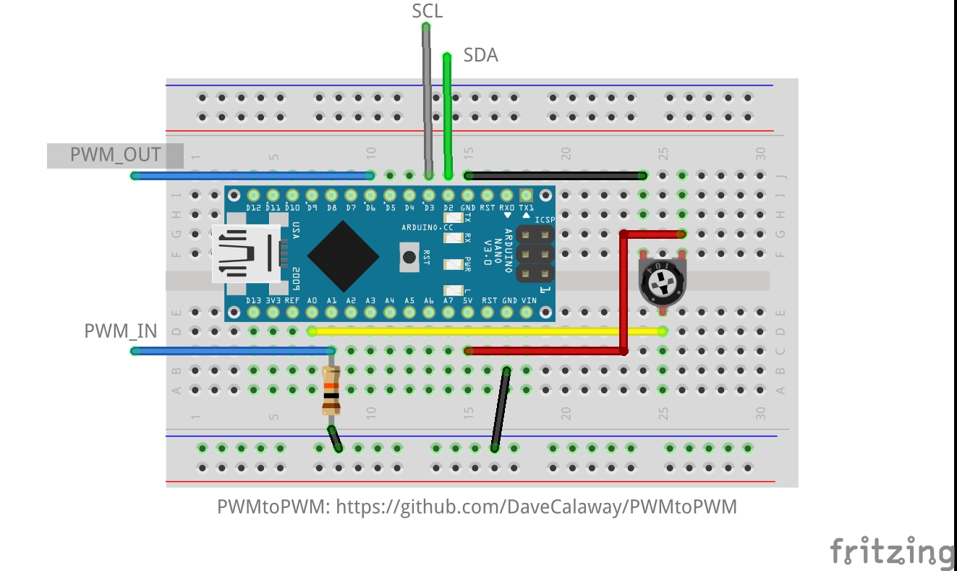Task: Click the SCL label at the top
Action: (x=427, y=11)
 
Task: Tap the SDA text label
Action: (x=480, y=55)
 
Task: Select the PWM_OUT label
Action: (x=115, y=155)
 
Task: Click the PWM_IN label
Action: (x=120, y=331)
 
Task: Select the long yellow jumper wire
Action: (x=485, y=331)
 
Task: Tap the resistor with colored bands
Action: (x=331, y=391)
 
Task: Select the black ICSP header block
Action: (x=535, y=254)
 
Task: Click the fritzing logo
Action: (x=891, y=551)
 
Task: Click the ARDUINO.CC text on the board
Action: (x=428, y=227)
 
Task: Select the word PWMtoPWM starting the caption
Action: (x=272, y=507)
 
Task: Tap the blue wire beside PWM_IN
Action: (x=231, y=351)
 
